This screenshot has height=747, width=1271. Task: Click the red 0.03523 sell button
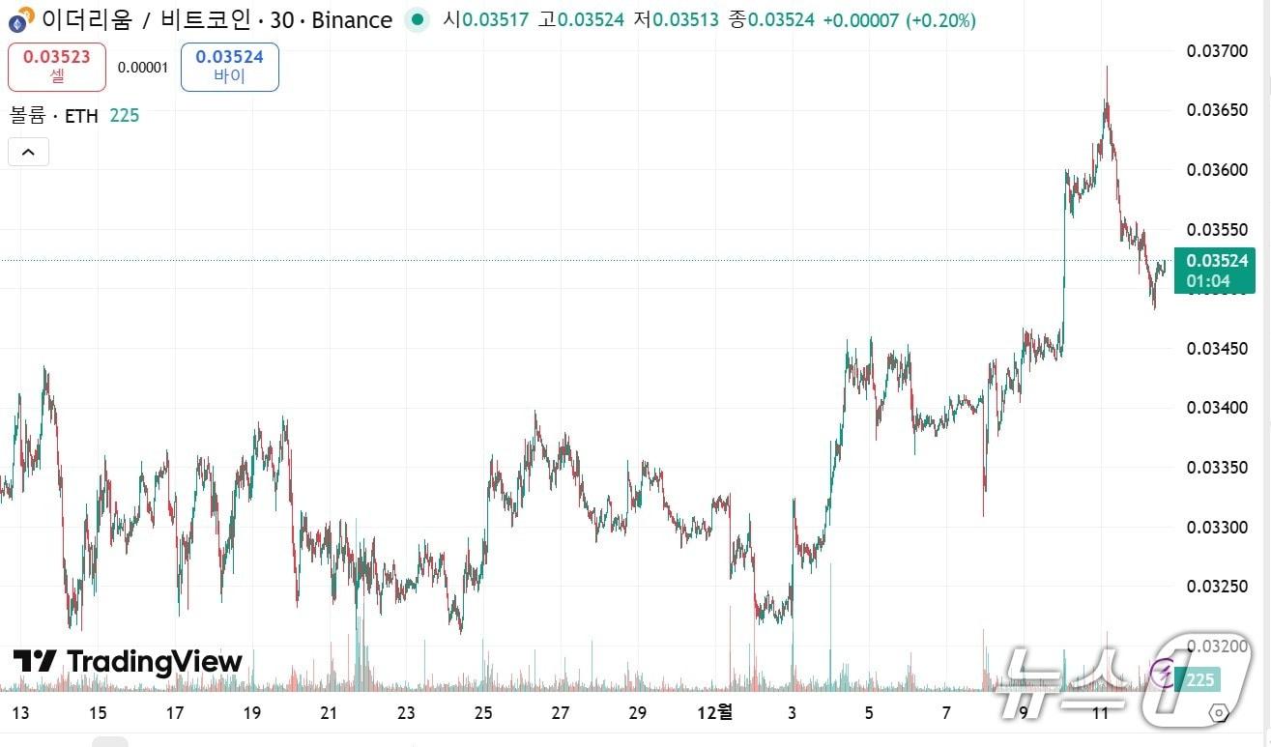(56, 67)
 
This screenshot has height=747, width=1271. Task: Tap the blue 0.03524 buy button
(229, 67)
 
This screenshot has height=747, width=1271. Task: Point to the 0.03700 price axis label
(1216, 51)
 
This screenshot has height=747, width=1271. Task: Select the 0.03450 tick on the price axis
(1216, 349)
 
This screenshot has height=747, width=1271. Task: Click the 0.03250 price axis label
(1216, 587)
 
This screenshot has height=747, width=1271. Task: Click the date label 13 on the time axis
(20, 713)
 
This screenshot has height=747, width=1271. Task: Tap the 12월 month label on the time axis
(715, 713)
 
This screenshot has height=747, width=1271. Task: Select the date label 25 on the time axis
(483, 713)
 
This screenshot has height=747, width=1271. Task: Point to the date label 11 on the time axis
(1099, 713)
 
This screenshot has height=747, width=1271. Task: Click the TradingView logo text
(128, 662)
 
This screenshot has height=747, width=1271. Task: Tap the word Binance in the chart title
(353, 19)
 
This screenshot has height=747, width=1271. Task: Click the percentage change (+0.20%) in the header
(940, 19)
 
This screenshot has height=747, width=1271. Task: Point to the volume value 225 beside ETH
(125, 116)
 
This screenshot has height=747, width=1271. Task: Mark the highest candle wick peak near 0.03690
(1107, 68)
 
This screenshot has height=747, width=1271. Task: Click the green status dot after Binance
(417, 19)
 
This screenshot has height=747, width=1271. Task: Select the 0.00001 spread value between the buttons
(143, 67)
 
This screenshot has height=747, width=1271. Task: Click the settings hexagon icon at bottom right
(1219, 713)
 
